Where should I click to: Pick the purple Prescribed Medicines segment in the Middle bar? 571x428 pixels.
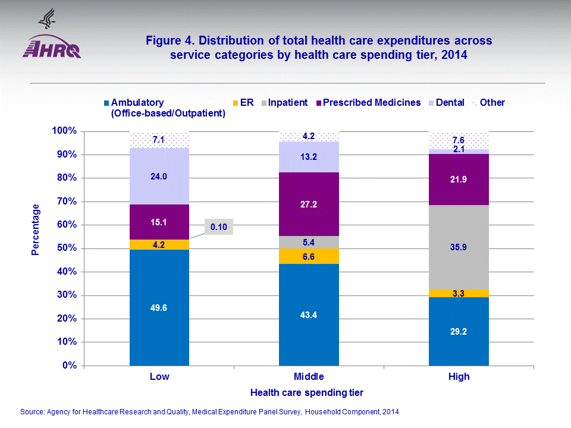(309, 204)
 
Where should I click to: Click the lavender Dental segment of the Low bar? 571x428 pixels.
(159, 176)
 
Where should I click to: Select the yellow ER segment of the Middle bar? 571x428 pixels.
(309, 256)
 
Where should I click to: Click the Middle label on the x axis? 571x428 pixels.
(309, 376)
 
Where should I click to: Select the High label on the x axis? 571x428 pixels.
(459, 376)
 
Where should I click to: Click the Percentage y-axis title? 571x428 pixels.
(36, 229)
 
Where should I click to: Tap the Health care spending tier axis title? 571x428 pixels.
(307, 392)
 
